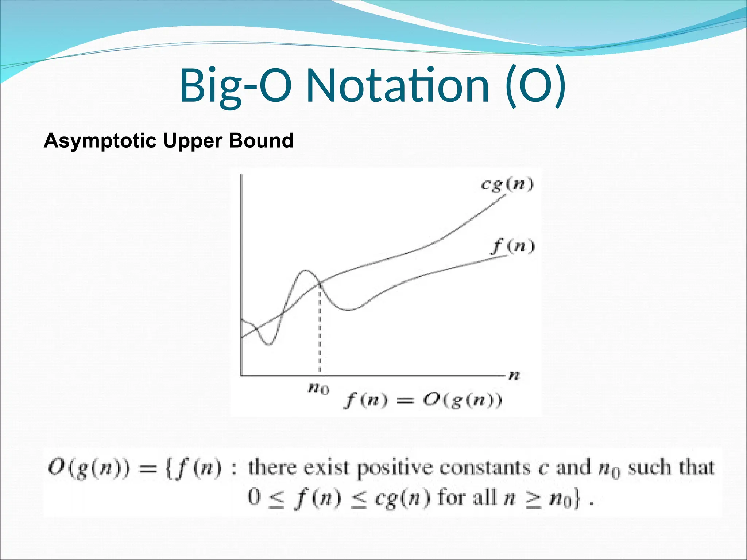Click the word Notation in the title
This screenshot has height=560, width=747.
click(398, 86)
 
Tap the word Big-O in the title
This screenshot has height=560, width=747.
click(235, 86)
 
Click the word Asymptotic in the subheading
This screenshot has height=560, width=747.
click(100, 141)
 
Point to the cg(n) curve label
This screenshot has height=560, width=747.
click(507, 184)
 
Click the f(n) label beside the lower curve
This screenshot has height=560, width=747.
click(513, 246)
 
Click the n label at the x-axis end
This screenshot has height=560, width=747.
click(514, 375)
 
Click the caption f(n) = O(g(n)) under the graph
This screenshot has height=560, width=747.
click(423, 401)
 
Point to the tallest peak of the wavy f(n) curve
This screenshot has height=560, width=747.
click(305, 271)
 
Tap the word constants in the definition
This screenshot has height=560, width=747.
click(485, 468)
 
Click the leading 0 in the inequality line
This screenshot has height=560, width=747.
click(254, 497)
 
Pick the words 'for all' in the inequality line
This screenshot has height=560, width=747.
click(467, 497)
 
